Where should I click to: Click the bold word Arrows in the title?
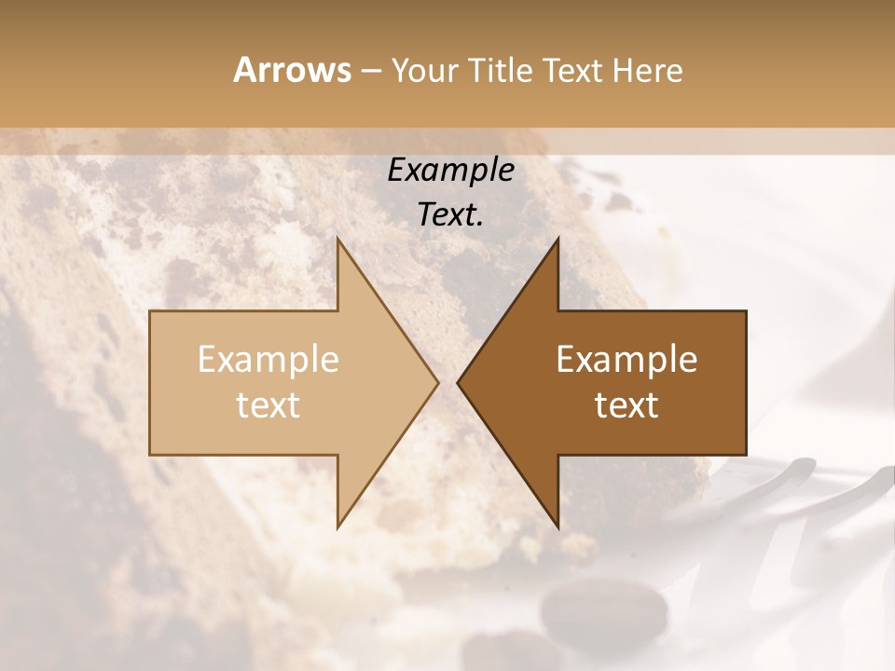pos(291,70)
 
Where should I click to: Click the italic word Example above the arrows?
pos(450,171)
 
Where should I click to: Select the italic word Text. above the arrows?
pos(450,215)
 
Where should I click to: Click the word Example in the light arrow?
pos(268,359)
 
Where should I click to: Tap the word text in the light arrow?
pos(268,405)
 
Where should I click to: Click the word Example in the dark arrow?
pos(626,359)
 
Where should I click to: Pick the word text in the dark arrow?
pos(626,405)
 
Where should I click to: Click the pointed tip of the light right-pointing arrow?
pos(437,382)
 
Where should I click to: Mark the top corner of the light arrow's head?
pos(338,239)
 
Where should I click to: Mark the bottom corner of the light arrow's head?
pos(338,527)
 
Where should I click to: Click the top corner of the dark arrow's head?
pos(558,239)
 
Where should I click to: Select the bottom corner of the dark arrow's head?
pos(558,527)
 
